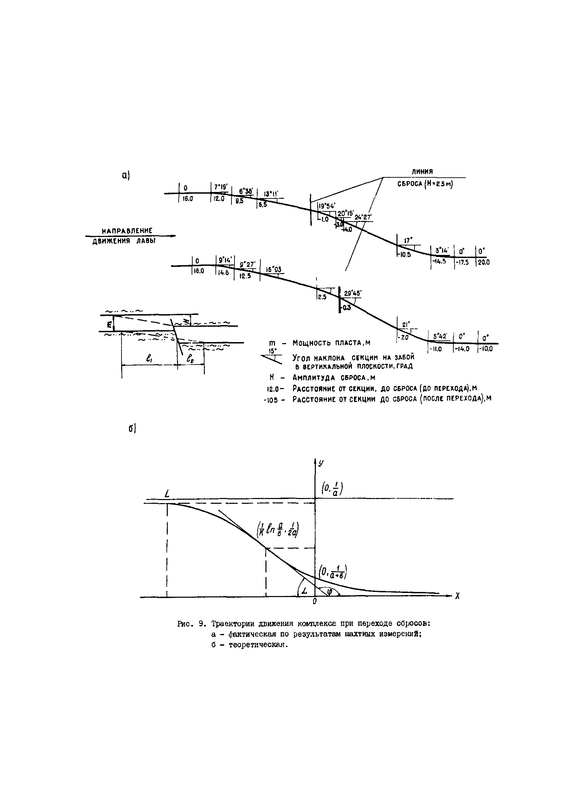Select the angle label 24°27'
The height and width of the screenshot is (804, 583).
pos(363,217)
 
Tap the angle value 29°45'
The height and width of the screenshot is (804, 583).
pos(353,293)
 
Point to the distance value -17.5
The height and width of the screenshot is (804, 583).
pos(462,262)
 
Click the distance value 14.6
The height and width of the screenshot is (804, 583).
pos(223,273)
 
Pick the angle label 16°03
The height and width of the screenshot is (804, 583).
pos(274,270)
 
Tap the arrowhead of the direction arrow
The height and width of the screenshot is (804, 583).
pos(173,236)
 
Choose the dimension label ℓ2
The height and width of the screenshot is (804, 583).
pos(190,359)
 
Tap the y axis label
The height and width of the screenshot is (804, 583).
pos(321,463)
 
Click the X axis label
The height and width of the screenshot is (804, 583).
pos(457,597)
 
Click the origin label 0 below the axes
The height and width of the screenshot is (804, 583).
pos(314,601)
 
